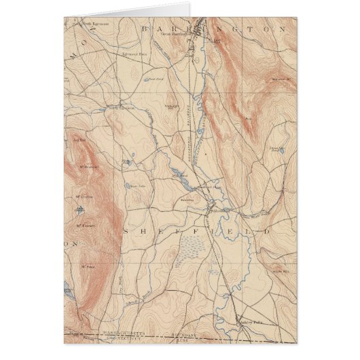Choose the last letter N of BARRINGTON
[x=279, y=30]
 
